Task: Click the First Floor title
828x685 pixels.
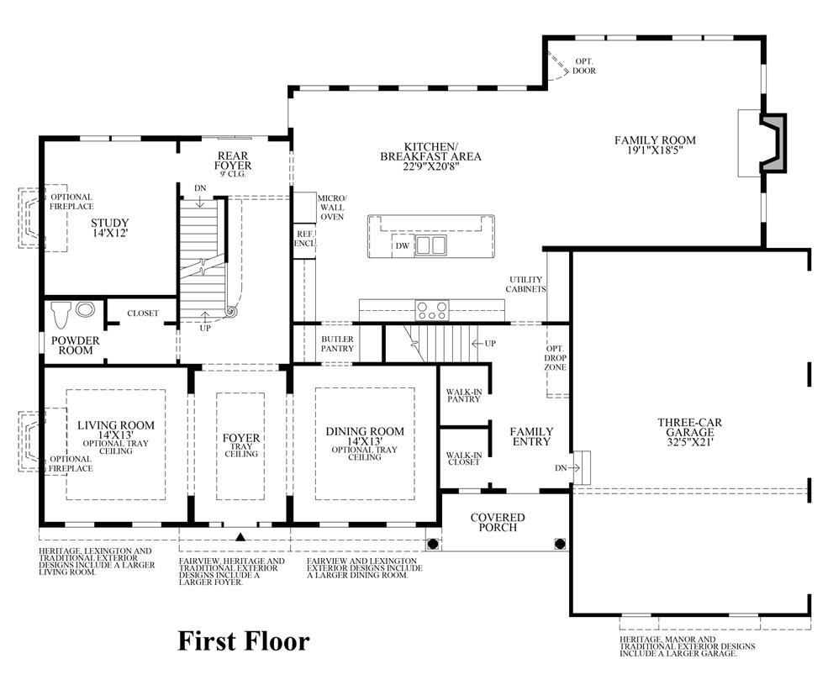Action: coord(244,641)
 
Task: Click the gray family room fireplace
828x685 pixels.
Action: coord(775,143)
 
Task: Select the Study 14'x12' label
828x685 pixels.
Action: coord(110,229)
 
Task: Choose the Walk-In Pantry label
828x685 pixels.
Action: coord(463,394)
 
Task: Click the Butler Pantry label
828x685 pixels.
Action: coord(337,344)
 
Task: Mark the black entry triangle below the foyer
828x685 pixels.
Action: coord(240,536)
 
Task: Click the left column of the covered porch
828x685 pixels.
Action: coord(433,544)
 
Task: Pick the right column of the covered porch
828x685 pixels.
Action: coord(560,544)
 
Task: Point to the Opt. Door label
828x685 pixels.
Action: coord(584,66)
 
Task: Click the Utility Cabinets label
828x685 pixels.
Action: coord(526,284)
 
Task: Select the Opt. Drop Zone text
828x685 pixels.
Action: coord(556,356)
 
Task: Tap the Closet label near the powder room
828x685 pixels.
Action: coord(143,314)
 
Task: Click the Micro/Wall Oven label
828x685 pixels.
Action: coord(331,207)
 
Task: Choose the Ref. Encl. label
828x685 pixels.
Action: coord(303,238)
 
